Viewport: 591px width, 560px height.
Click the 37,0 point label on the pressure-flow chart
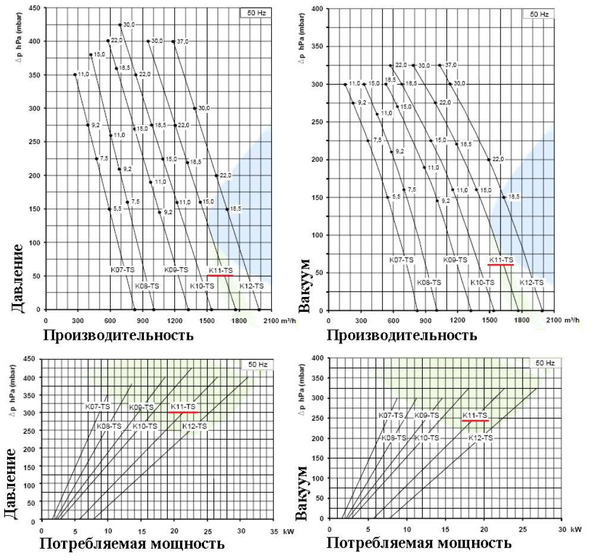pyautogui.click(x=184, y=41)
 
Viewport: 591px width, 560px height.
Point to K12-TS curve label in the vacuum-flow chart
pyautogui.click(x=532, y=282)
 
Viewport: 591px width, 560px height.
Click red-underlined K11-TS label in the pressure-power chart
pyautogui.click(x=183, y=407)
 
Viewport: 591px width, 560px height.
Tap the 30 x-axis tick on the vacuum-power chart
pyautogui.click(x=561, y=528)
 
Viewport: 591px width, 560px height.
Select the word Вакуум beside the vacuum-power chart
pyautogui.click(x=304, y=483)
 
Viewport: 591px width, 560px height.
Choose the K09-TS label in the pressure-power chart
pyautogui.click(x=141, y=407)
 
